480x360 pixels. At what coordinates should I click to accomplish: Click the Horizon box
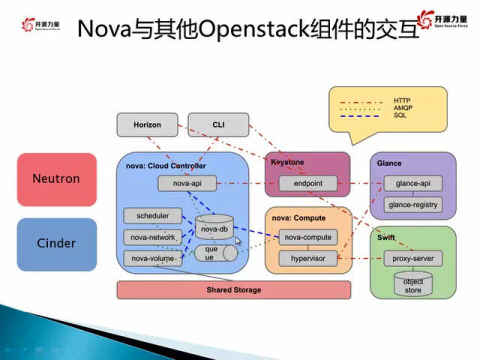tap(147, 124)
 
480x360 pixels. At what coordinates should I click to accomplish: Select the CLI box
tap(218, 124)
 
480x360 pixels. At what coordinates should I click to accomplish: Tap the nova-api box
tap(187, 183)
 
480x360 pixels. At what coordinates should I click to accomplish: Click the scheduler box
tap(152, 216)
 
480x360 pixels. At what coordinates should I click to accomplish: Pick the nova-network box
tap(152, 237)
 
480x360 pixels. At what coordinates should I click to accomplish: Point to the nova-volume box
tap(152, 258)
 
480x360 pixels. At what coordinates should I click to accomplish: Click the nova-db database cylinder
tap(214, 227)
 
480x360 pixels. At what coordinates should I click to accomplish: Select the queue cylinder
tap(215, 253)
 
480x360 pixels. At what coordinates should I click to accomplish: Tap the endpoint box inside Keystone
tap(308, 183)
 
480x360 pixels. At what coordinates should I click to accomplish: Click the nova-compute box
tap(308, 237)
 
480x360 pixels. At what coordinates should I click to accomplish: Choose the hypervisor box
tap(308, 258)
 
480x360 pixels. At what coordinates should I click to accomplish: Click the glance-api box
tap(413, 183)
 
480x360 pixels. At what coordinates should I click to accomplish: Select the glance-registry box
tap(413, 204)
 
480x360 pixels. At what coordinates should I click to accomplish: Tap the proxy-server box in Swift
tap(413, 258)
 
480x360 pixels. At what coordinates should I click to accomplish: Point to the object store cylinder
tap(413, 283)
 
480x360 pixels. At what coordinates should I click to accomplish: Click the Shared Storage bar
tap(233, 290)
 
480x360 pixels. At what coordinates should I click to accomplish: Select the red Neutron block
tap(56, 179)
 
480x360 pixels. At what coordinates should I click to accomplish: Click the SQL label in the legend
tap(400, 115)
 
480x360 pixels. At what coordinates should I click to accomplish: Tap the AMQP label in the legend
tap(403, 108)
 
